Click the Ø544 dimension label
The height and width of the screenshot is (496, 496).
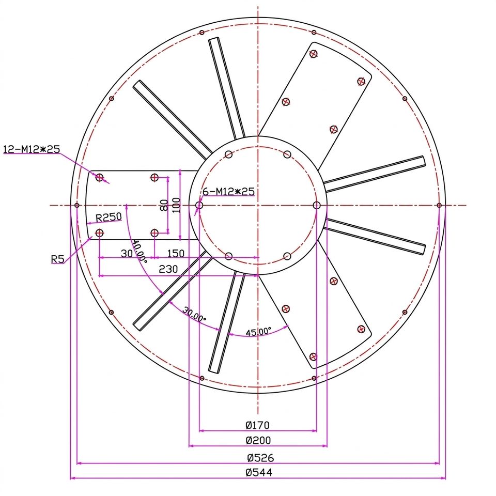pyautogui.click(x=259, y=472)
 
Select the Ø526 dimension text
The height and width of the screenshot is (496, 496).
pyautogui.click(x=260, y=457)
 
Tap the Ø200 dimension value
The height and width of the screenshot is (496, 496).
pyautogui.click(x=258, y=440)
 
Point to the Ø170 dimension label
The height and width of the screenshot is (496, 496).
pyautogui.click(x=257, y=425)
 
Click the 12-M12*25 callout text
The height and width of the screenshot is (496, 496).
pyautogui.click(x=32, y=149)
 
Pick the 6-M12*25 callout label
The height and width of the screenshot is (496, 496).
pyautogui.click(x=229, y=191)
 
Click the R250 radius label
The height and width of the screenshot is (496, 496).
pyautogui.click(x=109, y=218)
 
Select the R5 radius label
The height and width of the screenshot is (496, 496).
pyautogui.click(x=57, y=259)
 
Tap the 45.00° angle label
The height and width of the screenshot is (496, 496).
pyautogui.click(x=258, y=332)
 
